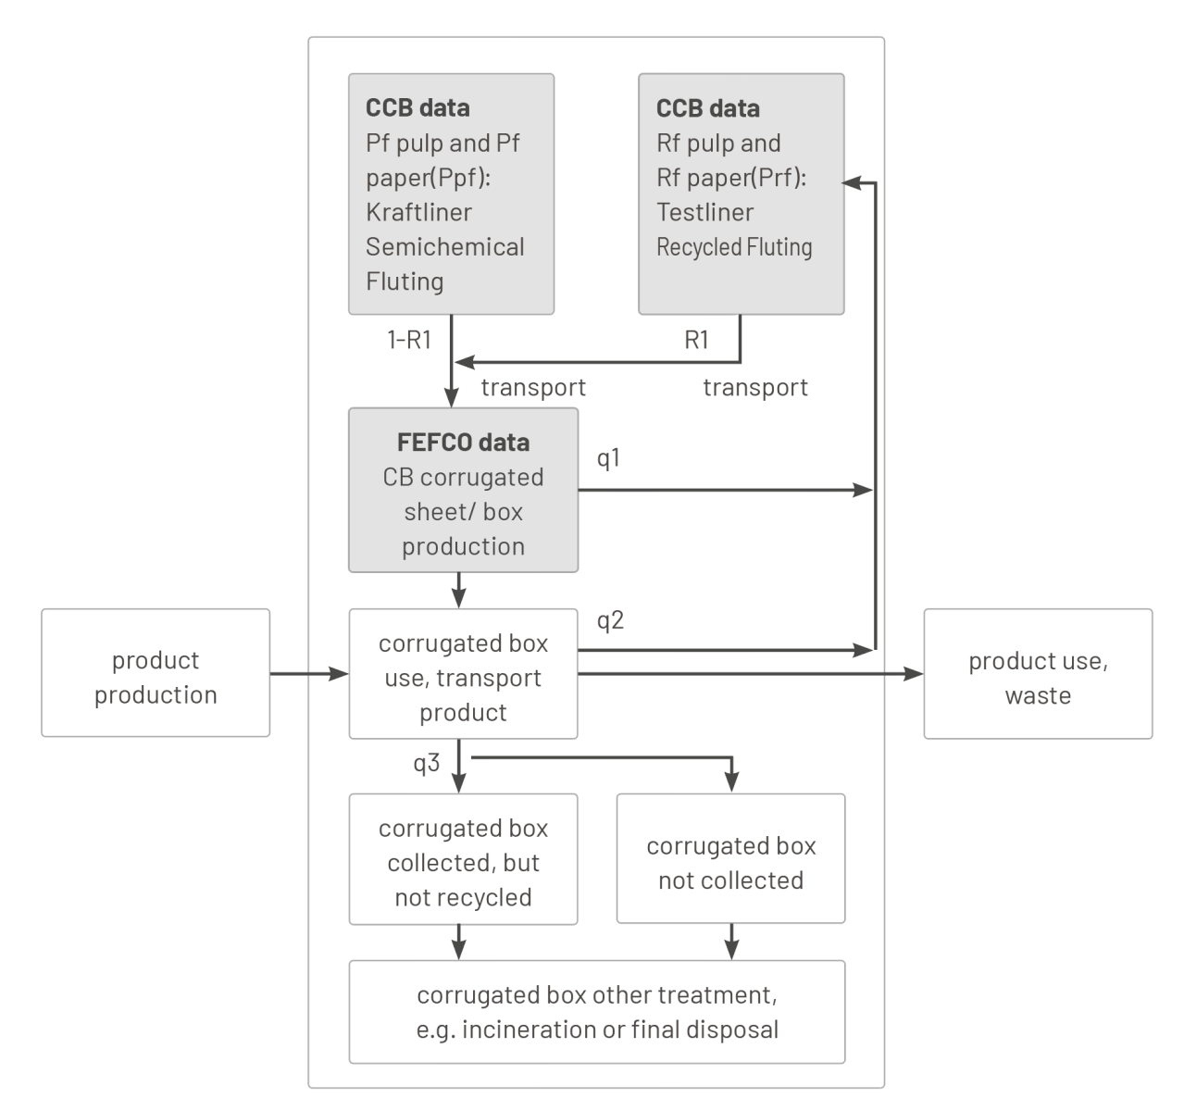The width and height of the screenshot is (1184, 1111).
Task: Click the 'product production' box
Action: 156,673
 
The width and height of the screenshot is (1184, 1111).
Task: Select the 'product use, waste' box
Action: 1038,674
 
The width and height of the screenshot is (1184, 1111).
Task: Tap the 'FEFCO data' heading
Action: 463,443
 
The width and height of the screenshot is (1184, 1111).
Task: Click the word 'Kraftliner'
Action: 418,212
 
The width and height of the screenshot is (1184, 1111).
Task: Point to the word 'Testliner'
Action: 704,212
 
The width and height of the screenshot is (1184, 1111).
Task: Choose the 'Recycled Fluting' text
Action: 734,247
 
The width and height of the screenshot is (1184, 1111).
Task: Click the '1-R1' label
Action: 408,340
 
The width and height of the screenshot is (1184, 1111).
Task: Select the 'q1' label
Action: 608,457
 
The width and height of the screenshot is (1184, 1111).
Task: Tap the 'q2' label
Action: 610,620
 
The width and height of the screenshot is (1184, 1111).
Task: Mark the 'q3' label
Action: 426,764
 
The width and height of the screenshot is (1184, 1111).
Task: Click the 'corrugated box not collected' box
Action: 730,858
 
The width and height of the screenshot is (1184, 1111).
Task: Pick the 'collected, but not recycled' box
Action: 463,859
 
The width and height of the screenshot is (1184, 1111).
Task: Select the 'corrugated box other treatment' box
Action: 597,1012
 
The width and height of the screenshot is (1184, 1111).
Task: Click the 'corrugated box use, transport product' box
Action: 463,674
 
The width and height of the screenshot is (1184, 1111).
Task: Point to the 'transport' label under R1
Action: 754,387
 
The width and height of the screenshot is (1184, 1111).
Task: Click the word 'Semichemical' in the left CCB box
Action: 444,247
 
